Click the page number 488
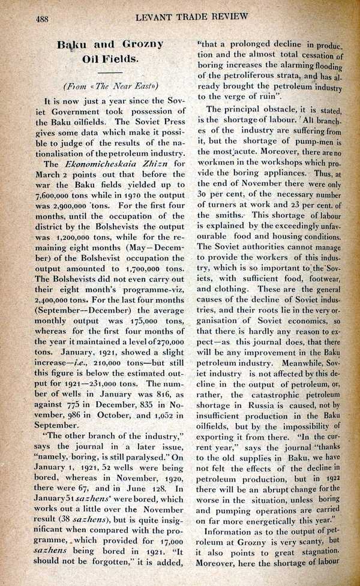coord(42,19)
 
